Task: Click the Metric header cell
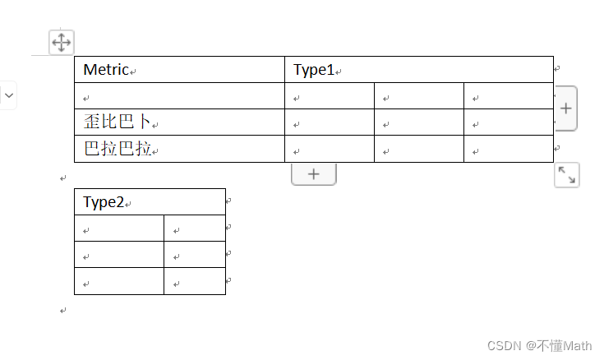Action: [x=179, y=70]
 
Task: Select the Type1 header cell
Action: [x=419, y=70]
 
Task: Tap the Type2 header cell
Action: [x=150, y=202]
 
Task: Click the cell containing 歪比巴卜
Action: [x=179, y=122]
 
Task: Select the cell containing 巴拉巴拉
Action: [x=179, y=149]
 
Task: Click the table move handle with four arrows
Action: [x=62, y=42]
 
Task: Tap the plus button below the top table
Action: [x=313, y=173]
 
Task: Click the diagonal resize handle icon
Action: [x=566, y=174]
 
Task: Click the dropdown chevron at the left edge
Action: [x=8, y=95]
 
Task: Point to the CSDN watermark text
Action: [x=540, y=346]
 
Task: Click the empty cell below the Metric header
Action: [x=179, y=96]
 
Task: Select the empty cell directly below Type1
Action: [x=330, y=96]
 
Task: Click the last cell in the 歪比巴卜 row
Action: [x=508, y=122]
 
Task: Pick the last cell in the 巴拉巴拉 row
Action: [x=508, y=149]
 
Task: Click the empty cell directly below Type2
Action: [x=119, y=228]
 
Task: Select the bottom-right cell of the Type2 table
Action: [x=195, y=281]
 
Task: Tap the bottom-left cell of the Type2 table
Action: [x=119, y=281]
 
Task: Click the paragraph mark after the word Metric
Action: [x=133, y=72]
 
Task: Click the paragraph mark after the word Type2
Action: [x=128, y=204]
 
